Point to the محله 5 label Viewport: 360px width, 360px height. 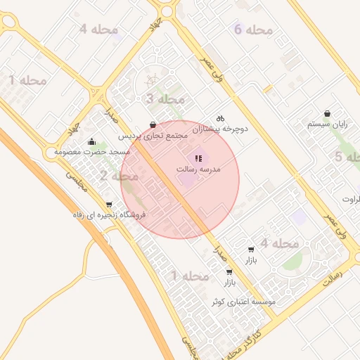point(348,157)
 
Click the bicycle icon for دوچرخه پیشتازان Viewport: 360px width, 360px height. point(220,118)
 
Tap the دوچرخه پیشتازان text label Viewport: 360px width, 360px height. point(220,129)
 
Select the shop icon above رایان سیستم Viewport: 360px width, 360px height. point(328,113)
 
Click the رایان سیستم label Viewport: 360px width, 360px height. point(328,124)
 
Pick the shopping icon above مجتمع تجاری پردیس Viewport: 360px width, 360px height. point(153,124)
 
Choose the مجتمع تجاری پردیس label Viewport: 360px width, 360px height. point(153,135)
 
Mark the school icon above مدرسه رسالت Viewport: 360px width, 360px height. point(198,158)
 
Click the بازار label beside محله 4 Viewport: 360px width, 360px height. point(251,260)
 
